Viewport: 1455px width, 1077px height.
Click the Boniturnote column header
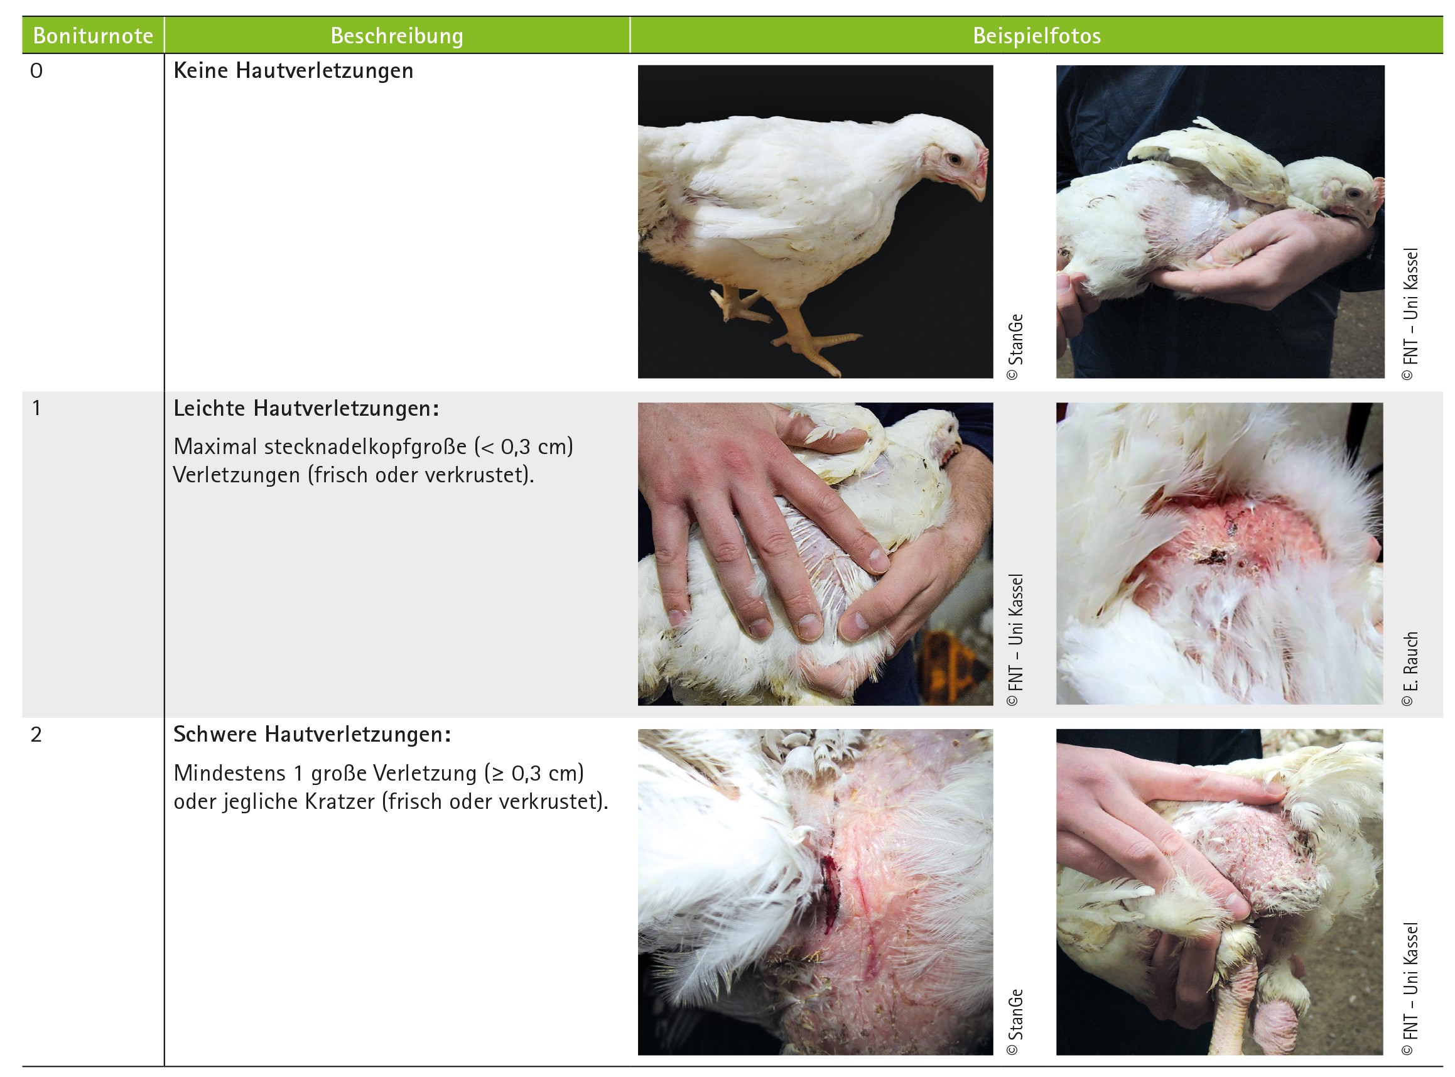pyautogui.click(x=93, y=35)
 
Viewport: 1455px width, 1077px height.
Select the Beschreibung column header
pyautogui.click(x=397, y=35)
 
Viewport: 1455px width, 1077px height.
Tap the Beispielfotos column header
pyautogui.click(x=1037, y=35)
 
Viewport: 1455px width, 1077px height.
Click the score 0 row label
pyautogui.click(x=36, y=70)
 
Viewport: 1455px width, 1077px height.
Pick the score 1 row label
pyautogui.click(x=36, y=408)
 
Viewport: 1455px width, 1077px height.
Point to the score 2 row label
pyautogui.click(x=36, y=735)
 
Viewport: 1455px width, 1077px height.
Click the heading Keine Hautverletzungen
pyautogui.click(x=293, y=70)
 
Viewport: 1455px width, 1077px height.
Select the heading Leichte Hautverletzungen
pyautogui.click(x=306, y=408)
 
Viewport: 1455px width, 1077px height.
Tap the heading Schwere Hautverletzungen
pyautogui.click(x=312, y=735)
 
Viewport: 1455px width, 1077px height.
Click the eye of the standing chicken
pyautogui.click(x=955, y=158)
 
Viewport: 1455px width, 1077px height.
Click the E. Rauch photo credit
pyautogui.click(x=1410, y=668)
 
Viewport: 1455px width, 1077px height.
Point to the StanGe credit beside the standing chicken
pyautogui.click(x=1015, y=347)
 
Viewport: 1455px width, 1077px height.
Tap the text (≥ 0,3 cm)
pyautogui.click(x=534, y=773)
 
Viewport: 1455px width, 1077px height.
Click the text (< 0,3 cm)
pyautogui.click(x=525, y=446)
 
